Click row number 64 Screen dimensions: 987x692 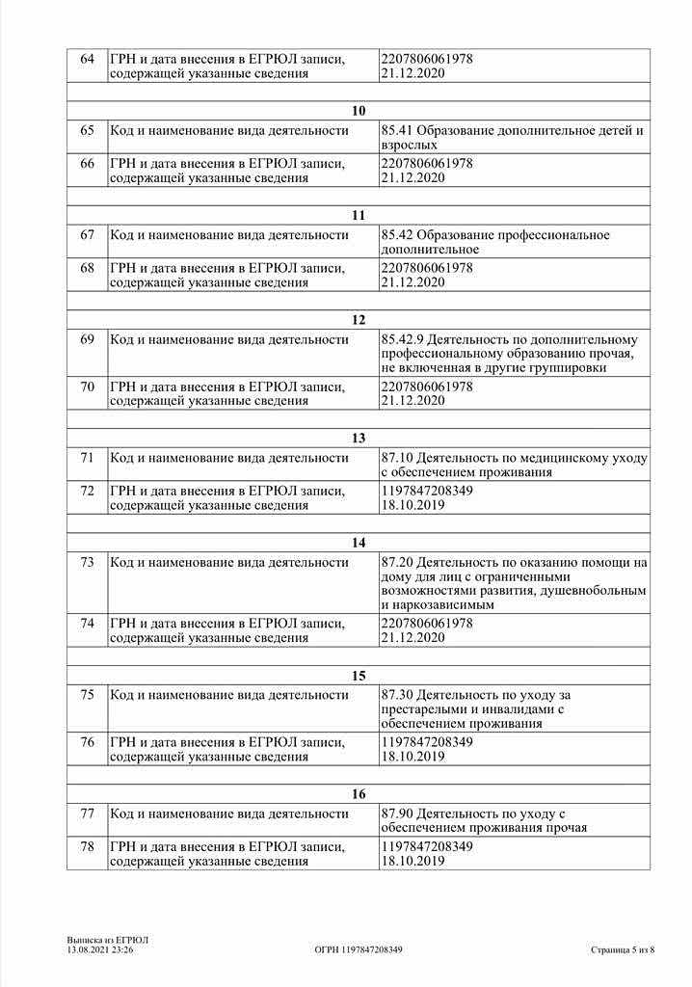click(87, 60)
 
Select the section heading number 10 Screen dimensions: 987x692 click(359, 111)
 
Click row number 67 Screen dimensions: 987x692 click(87, 235)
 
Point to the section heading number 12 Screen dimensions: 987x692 click(359, 320)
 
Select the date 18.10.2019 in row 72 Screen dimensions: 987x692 click(413, 504)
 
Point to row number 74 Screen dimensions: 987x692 click(87, 624)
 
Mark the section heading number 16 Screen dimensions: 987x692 click(359, 794)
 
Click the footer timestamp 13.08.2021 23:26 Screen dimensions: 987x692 click(100, 950)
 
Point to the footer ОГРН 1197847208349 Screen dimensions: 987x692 click(359, 950)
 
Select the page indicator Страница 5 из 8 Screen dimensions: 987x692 click(623, 950)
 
